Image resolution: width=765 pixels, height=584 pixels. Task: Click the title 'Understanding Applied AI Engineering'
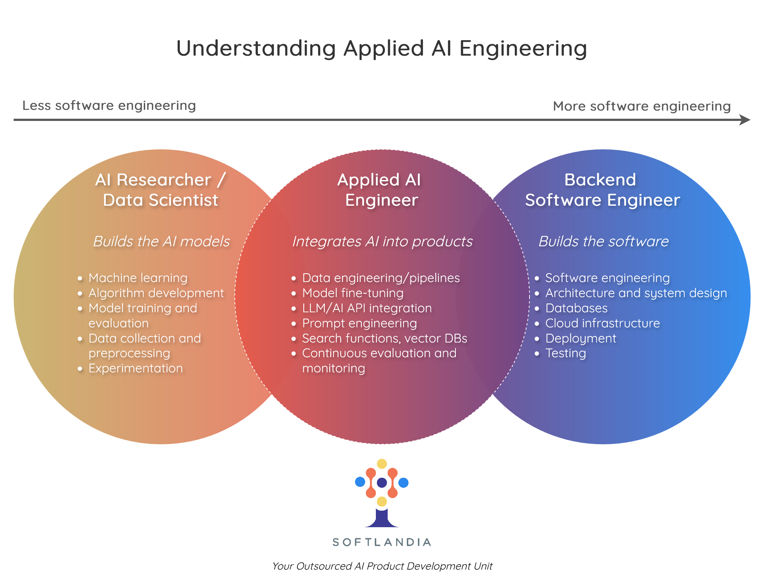(382, 48)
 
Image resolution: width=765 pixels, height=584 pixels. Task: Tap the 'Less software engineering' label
(109, 105)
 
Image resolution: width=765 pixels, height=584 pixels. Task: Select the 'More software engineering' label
(642, 106)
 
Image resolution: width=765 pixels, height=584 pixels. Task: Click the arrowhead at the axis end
(745, 120)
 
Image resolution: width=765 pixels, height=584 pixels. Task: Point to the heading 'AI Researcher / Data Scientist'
(161, 190)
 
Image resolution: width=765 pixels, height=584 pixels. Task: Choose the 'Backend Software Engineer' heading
(602, 190)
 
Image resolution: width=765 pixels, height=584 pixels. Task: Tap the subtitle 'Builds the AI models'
(161, 241)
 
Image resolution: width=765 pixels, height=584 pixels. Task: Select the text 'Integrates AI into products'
(382, 241)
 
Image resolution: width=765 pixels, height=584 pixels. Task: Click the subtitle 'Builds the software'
(604, 241)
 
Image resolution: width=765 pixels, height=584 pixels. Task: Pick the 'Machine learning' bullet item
(138, 278)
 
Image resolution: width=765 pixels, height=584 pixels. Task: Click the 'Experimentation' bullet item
(136, 368)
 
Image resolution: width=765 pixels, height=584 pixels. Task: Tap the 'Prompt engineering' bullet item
(359, 323)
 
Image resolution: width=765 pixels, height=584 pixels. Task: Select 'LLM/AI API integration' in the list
(367, 308)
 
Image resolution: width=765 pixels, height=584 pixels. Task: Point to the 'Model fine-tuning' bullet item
(353, 293)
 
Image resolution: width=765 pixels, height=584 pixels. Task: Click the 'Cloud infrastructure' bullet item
(602, 323)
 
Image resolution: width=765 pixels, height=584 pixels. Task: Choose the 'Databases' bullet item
(576, 308)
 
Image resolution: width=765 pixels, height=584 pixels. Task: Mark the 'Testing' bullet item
(566, 353)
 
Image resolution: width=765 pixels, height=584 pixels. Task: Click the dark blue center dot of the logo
(382, 482)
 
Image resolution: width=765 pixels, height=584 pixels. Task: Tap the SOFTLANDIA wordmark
(382, 542)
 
